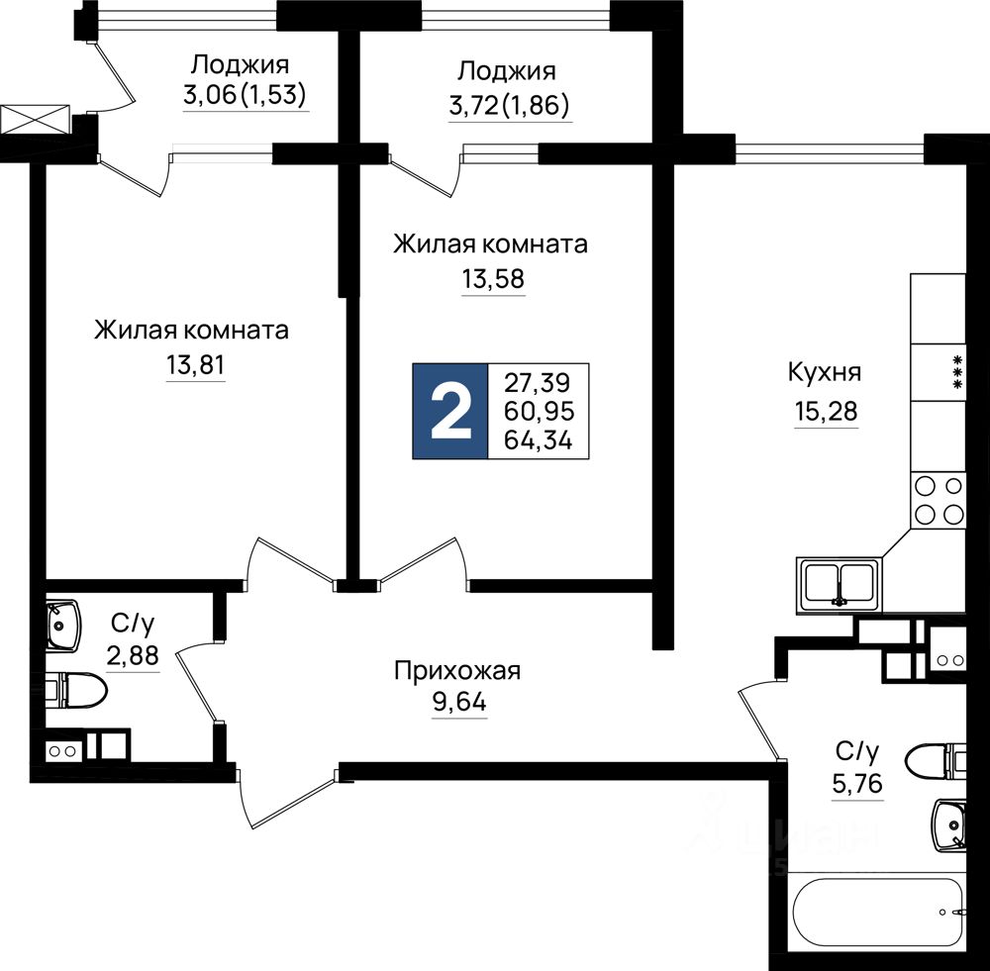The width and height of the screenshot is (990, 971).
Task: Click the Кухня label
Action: [x=824, y=373]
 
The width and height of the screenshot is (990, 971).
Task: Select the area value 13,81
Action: [x=195, y=365]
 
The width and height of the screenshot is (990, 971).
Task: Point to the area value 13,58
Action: [x=492, y=279]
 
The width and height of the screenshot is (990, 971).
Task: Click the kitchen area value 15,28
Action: [x=824, y=410]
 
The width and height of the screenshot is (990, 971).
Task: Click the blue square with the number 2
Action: [x=450, y=411]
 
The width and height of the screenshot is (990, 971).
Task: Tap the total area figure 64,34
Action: [x=539, y=439]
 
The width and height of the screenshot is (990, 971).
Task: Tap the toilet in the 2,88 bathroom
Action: [x=76, y=690]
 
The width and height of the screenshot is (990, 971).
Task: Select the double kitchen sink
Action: [x=839, y=582]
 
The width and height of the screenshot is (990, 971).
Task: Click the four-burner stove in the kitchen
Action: [x=938, y=500]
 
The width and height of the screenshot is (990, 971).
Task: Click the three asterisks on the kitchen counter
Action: [x=957, y=371]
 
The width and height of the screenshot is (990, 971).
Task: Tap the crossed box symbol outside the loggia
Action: [x=35, y=121]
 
